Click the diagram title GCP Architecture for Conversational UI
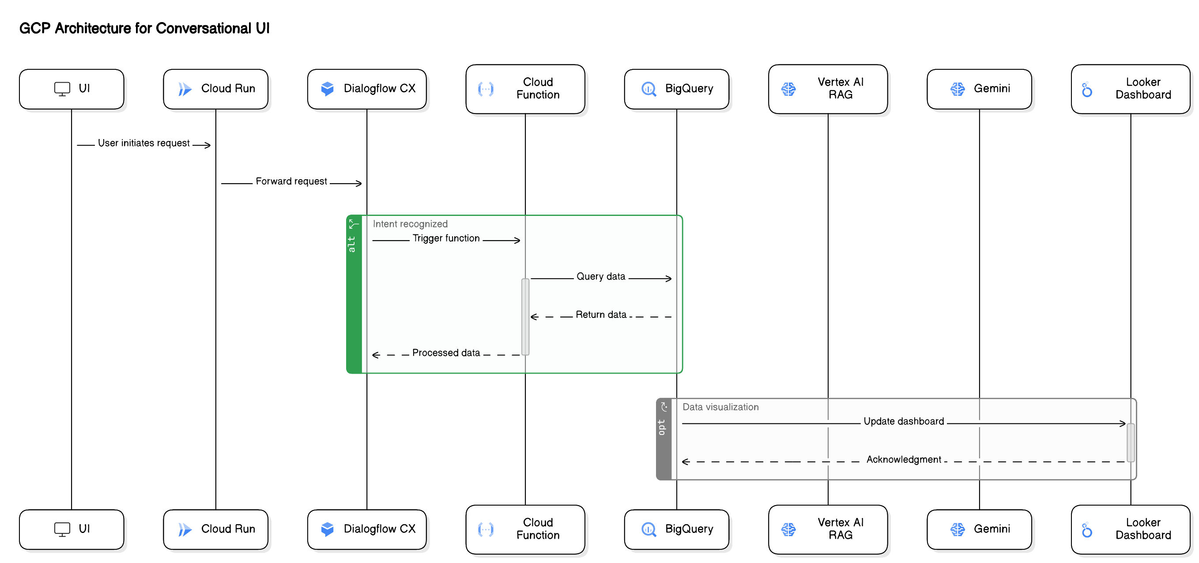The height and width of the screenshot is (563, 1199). [144, 28]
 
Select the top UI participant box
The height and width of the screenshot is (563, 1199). [72, 89]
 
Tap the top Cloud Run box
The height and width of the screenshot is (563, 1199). [215, 89]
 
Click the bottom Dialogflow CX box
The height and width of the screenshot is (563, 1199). [367, 529]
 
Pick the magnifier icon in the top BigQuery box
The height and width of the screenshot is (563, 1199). [649, 89]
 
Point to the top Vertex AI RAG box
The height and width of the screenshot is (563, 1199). [828, 88]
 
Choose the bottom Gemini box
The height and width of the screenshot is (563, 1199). [979, 529]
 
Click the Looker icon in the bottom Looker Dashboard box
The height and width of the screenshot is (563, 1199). [1087, 530]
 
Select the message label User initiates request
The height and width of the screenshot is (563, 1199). [143, 143]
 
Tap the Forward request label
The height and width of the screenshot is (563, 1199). [291, 181]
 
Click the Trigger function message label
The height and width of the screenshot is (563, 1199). [445, 238]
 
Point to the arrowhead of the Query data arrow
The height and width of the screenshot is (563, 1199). [669, 279]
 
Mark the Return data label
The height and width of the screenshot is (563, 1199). [600, 314]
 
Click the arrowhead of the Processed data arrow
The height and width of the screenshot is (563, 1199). [376, 355]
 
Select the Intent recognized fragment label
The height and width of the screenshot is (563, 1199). [410, 224]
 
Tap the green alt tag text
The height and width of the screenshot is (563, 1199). [352, 244]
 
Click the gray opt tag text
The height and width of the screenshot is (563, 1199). [661, 427]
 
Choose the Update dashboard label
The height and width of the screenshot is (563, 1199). [903, 421]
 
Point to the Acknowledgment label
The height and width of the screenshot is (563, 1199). [903, 459]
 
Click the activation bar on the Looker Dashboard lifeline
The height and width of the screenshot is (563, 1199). [1131, 442]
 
